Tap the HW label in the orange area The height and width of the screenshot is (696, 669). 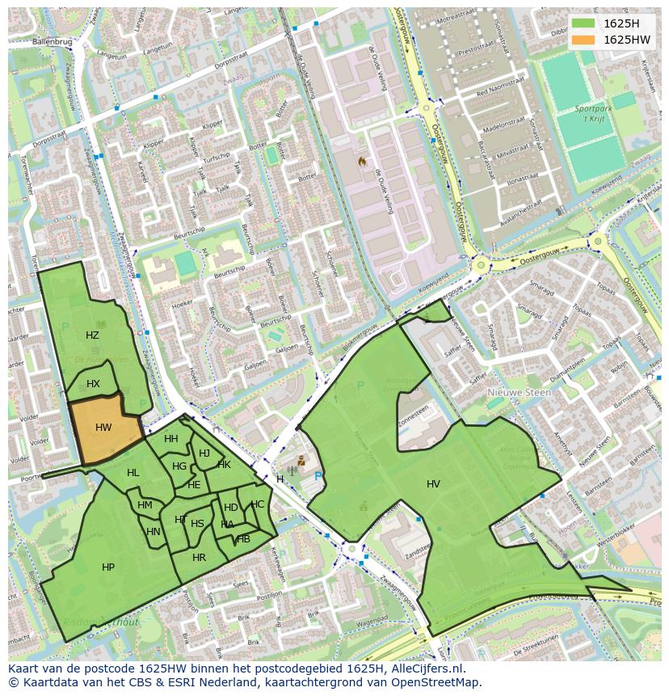pyautogui.click(x=103, y=428)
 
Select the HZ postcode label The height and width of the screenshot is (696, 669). pyautogui.click(x=92, y=335)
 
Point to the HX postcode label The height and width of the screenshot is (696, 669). pyautogui.click(x=93, y=384)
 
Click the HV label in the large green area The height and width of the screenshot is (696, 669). pyautogui.click(x=433, y=484)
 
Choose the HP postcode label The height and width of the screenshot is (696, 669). pyautogui.click(x=108, y=567)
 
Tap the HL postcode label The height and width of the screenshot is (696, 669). pyautogui.click(x=133, y=473)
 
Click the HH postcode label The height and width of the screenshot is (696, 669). pyautogui.click(x=171, y=439)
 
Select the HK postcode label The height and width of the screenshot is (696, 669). pyautogui.click(x=225, y=465)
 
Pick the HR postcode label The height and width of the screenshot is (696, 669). pyautogui.click(x=199, y=558)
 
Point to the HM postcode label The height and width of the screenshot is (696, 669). pyautogui.click(x=145, y=505)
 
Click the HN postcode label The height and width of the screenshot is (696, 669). pyautogui.click(x=154, y=532)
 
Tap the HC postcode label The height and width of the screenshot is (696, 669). pyautogui.click(x=257, y=504)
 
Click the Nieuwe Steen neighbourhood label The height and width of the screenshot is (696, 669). pyautogui.click(x=519, y=393)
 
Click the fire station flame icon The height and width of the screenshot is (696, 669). pyautogui.click(x=362, y=162)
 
